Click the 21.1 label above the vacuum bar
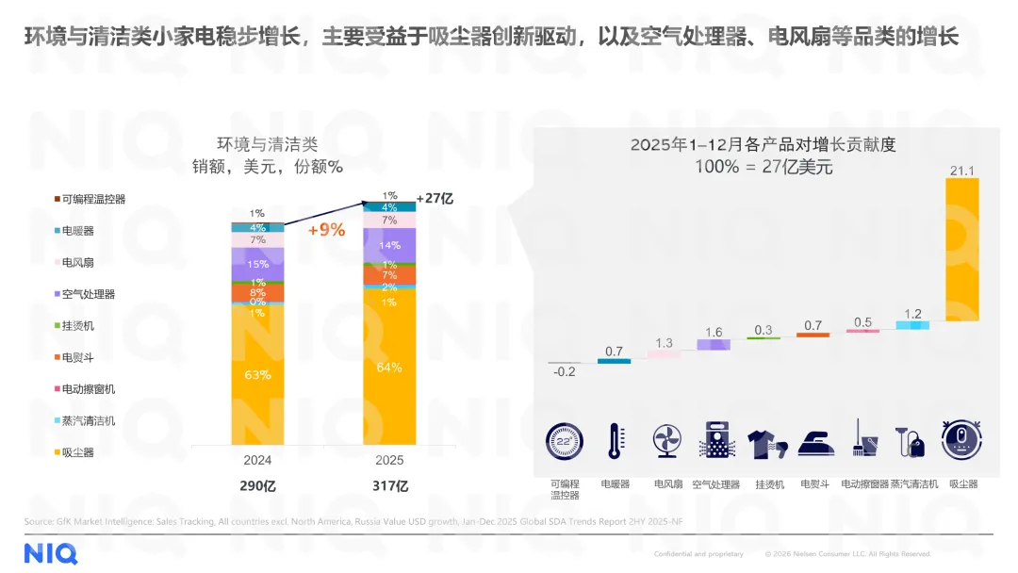point(961,171)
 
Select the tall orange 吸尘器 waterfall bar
point(962,250)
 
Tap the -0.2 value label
point(565,372)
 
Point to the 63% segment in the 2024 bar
point(257,374)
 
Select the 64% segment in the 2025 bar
point(389,367)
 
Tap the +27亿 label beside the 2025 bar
point(435,199)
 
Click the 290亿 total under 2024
point(257,486)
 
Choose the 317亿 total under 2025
point(389,486)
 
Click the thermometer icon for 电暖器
point(615,441)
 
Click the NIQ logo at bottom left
point(51,553)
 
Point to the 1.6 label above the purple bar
point(714,332)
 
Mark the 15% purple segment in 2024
point(257,265)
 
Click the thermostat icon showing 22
point(565,441)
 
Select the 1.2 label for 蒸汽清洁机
point(912,314)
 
